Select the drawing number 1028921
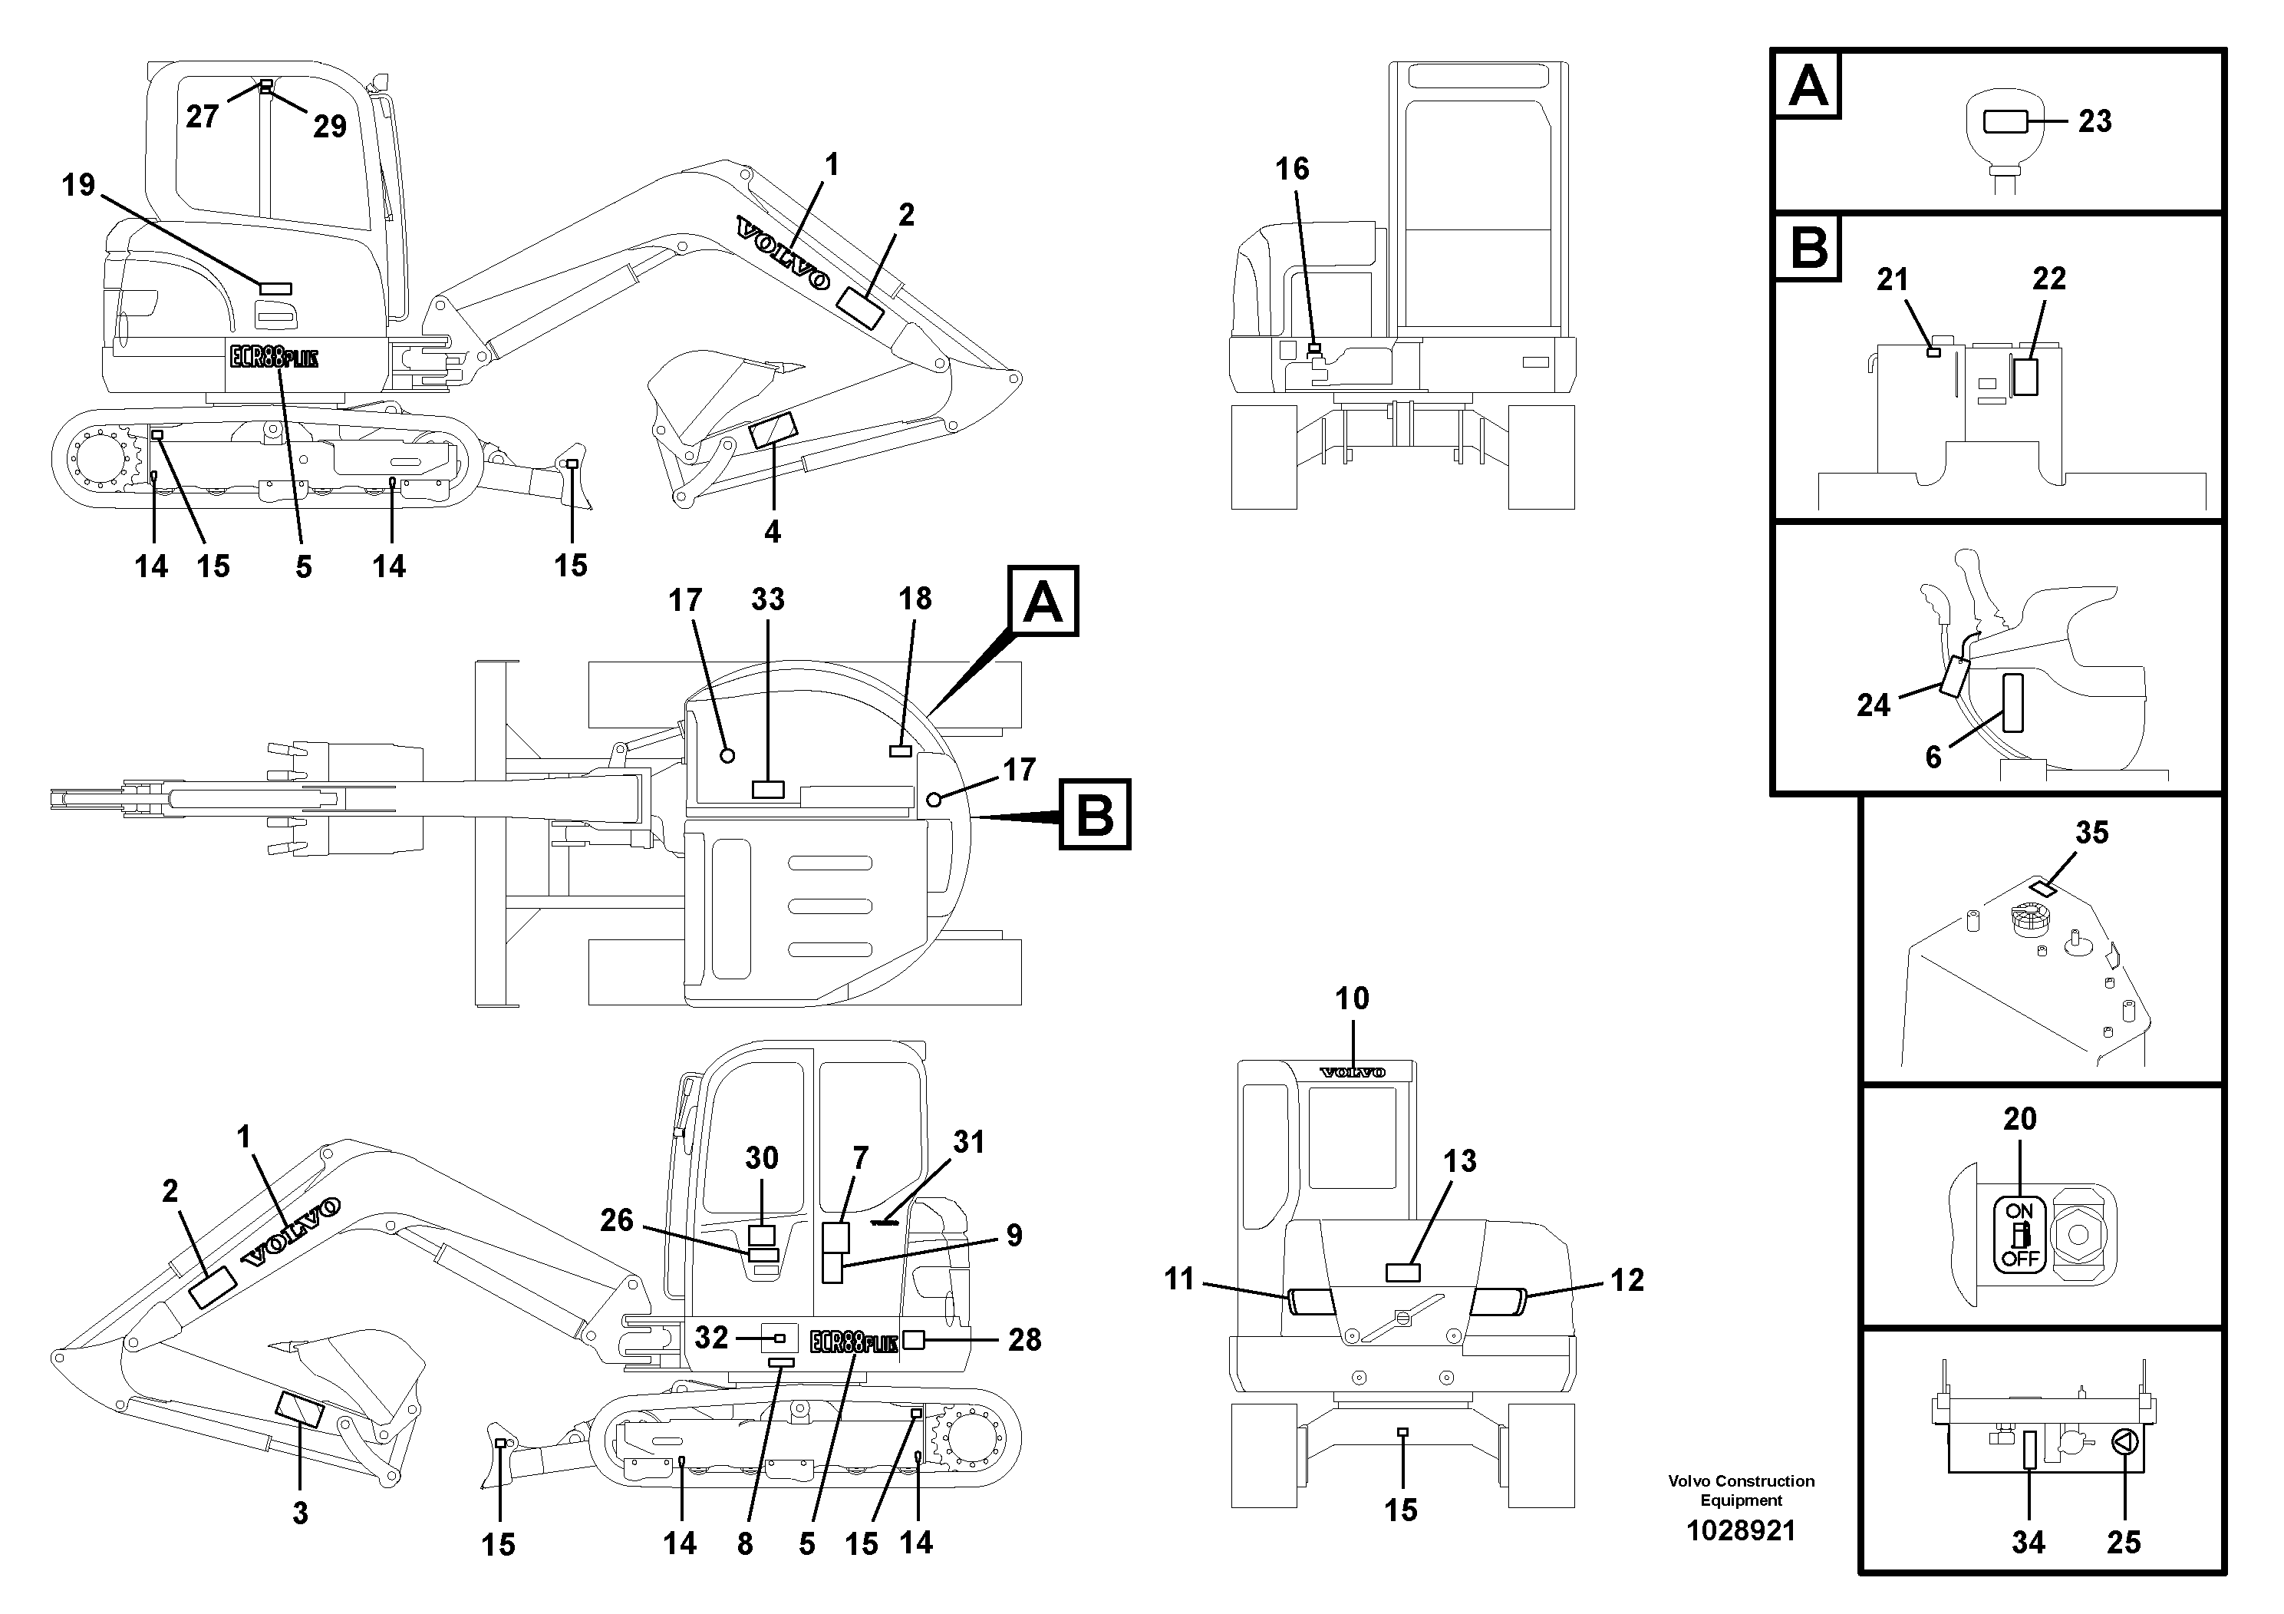pyautogui.click(x=1741, y=1530)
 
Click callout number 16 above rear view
pyautogui.click(x=1292, y=169)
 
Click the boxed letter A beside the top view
pyautogui.click(x=1043, y=602)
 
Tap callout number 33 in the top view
pyautogui.click(x=767, y=600)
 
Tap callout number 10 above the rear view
pyautogui.click(x=1352, y=998)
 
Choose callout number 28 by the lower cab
pyautogui.click(x=1025, y=1339)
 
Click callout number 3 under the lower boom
pyautogui.click(x=299, y=1513)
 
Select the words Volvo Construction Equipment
pyautogui.click(x=1741, y=1490)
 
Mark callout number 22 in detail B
pyautogui.click(x=2049, y=279)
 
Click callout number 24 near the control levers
pyautogui.click(x=1874, y=705)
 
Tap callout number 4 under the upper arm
pyautogui.click(x=772, y=533)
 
